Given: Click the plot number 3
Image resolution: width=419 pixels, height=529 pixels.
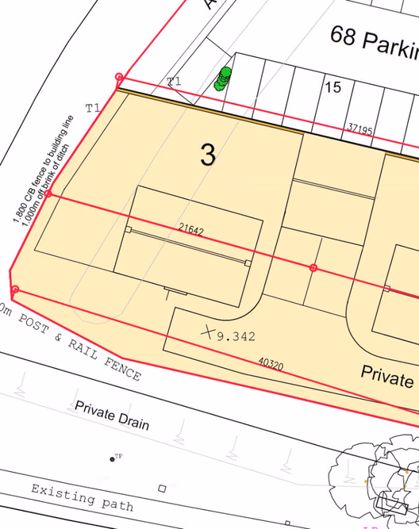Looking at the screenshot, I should [x=207, y=155].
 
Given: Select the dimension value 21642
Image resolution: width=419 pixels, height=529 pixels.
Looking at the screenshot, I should [x=190, y=231].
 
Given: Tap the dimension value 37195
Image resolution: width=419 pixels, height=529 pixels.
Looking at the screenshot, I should [x=359, y=128].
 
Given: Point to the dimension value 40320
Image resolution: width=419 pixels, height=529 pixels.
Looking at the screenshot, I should [x=270, y=363].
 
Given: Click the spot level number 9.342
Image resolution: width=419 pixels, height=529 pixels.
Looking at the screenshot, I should [x=236, y=336].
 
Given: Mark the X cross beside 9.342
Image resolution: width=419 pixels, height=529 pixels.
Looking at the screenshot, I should [x=209, y=332].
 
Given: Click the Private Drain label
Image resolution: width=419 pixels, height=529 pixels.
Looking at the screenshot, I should [x=112, y=416].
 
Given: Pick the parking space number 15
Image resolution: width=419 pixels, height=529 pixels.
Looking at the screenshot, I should [x=333, y=87].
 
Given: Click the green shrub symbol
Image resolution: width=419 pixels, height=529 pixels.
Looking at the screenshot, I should [x=223, y=79].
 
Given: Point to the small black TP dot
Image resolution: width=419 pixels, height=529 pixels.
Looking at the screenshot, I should [x=112, y=459].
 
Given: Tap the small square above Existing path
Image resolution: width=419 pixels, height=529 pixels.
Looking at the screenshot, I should [x=162, y=488].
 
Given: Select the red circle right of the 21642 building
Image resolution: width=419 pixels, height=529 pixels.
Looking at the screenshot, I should [x=313, y=268].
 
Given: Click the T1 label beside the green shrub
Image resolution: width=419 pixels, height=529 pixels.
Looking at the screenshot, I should [x=174, y=81].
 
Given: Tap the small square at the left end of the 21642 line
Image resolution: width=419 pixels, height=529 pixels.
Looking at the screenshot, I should [x=129, y=229].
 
